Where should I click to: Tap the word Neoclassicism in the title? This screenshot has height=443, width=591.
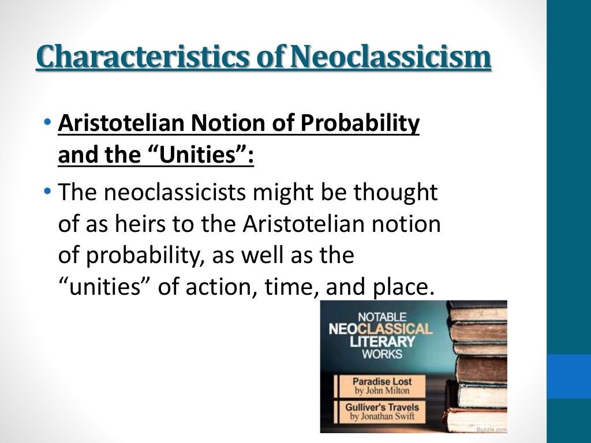pyautogui.click(x=392, y=59)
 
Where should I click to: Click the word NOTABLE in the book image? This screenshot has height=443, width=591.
pyautogui.click(x=382, y=317)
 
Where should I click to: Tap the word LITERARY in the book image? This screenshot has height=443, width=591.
pyautogui.click(x=382, y=341)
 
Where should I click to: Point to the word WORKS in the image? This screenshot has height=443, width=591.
pyautogui.click(x=382, y=353)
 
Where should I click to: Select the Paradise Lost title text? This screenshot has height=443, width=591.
pyautogui.click(x=382, y=381)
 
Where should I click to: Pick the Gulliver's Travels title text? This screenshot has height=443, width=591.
pyautogui.click(x=382, y=407)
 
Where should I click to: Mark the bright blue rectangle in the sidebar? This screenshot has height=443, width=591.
pyautogui.click(x=568, y=376)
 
